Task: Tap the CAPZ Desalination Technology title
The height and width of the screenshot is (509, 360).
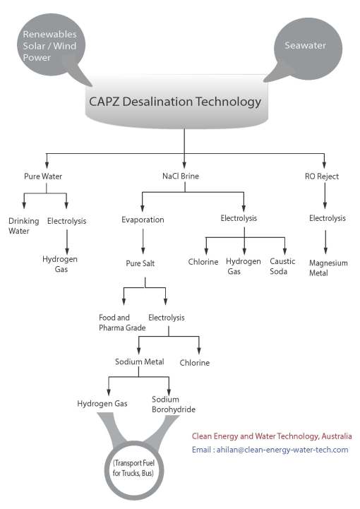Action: tap(175, 101)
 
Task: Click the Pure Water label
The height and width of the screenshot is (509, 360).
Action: tap(45, 176)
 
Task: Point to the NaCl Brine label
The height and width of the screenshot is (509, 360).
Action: tap(184, 176)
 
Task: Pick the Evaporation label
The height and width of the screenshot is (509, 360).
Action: tap(143, 220)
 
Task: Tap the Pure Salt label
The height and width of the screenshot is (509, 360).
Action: tap(143, 263)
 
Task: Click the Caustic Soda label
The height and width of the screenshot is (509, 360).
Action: tap(282, 266)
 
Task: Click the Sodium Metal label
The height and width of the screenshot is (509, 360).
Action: tap(140, 362)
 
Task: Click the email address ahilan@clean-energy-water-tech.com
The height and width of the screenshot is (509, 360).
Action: tap(270, 450)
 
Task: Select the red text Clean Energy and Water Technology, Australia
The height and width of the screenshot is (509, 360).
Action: tap(272, 436)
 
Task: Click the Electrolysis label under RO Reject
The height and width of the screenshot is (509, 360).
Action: tap(327, 219)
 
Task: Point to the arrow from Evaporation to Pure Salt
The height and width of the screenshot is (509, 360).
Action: tap(143, 241)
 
